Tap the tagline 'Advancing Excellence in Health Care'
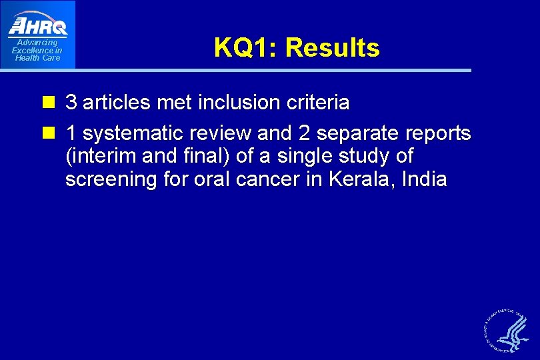(37, 51)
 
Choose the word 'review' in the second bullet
(229, 134)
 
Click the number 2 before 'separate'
(304, 134)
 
